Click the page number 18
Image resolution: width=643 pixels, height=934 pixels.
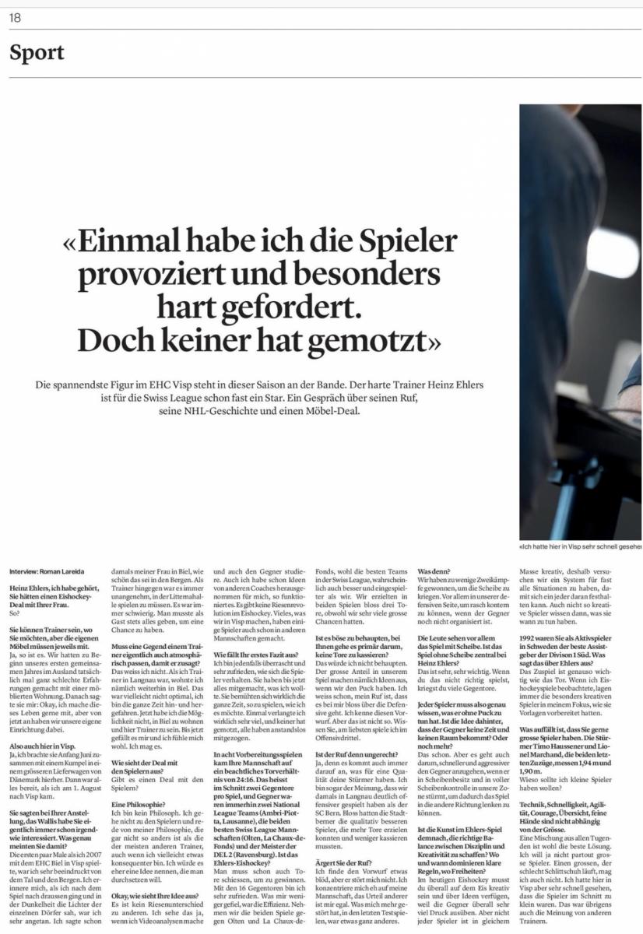(x=15, y=18)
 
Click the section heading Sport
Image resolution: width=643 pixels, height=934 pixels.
(x=37, y=53)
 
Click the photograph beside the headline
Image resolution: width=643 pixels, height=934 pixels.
(x=580, y=319)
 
